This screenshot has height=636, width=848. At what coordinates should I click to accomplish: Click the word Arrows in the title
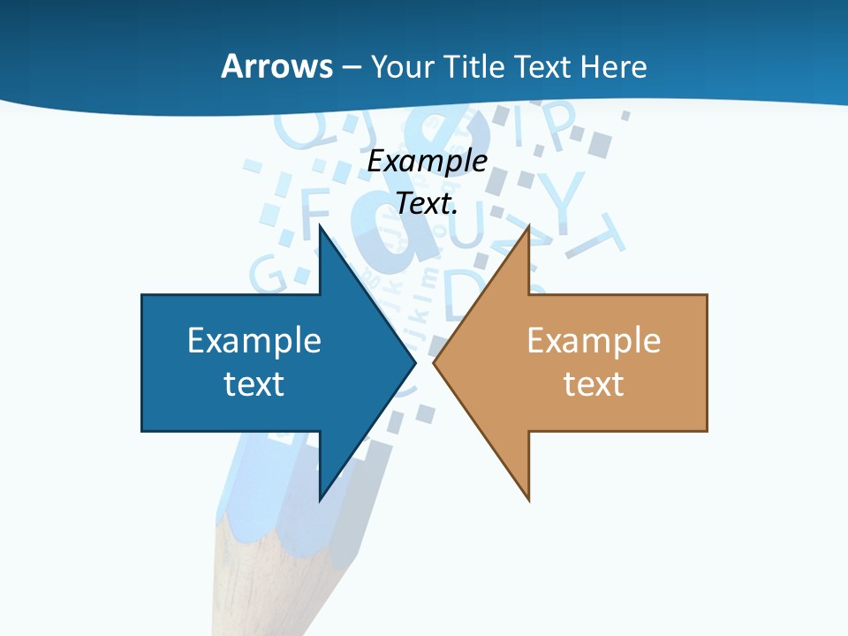coord(276,66)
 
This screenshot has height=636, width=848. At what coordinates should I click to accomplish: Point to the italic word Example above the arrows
coord(427,161)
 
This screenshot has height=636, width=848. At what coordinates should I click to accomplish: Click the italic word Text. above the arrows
coord(427,203)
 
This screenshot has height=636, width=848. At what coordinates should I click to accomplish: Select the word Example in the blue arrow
coord(254,340)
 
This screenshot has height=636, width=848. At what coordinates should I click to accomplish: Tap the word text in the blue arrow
coord(254,383)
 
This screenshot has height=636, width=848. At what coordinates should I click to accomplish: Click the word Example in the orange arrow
coord(594,340)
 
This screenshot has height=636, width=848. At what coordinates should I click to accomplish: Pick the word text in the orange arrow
coord(594,383)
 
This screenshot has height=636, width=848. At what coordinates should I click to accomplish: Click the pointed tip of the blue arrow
coord(413,361)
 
